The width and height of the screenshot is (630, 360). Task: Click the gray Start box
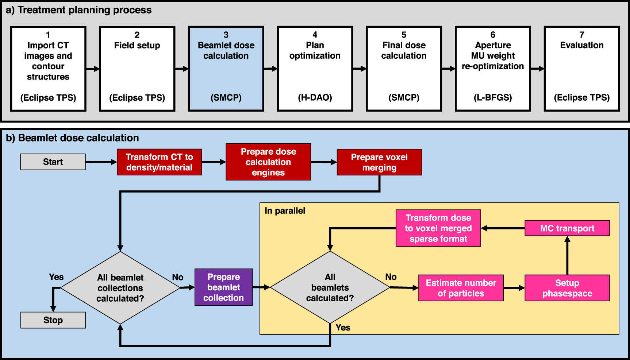pyautogui.click(x=53, y=162)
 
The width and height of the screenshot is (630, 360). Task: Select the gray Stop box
pyautogui.click(x=53, y=320)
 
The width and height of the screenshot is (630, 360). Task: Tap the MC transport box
pyautogui.click(x=567, y=228)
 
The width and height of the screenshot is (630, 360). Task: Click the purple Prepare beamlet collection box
pyautogui.click(x=223, y=287)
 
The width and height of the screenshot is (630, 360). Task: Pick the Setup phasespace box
pyautogui.click(x=567, y=288)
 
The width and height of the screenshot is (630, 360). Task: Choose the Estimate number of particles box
pyautogui.click(x=461, y=288)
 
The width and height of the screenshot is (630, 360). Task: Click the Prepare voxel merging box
pyautogui.click(x=379, y=162)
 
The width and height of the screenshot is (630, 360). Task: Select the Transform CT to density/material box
pyautogui.click(x=159, y=162)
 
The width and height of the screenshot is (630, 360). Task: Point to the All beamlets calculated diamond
pyautogui.click(x=330, y=287)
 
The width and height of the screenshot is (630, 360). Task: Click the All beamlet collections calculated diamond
pyautogui.click(x=120, y=288)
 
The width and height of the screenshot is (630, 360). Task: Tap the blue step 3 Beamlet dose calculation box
pyautogui.click(x=226, y=69)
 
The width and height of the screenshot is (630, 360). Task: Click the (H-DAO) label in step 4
pyautogui.click(x=315, y=98)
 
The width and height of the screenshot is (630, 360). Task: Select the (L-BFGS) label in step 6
pyautogui.click(x=493, y=98)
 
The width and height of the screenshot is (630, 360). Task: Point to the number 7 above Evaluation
pyautogui.click(x=582, y=35)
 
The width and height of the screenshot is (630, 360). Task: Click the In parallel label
pyautogui.click(x=285, y=211)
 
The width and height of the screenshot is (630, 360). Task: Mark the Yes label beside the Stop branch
pyautogui.click(x=56, y=277)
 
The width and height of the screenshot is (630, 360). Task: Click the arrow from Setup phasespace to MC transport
pyautogui.click(x=567, y=255)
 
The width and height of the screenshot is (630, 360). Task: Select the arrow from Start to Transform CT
pyautogui.click(x=101, y=162)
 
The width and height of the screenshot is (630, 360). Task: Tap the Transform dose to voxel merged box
pyautogui.click(x=438, y=228)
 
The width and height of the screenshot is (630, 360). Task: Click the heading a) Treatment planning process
pyautogui.click(x=79, y=10)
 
